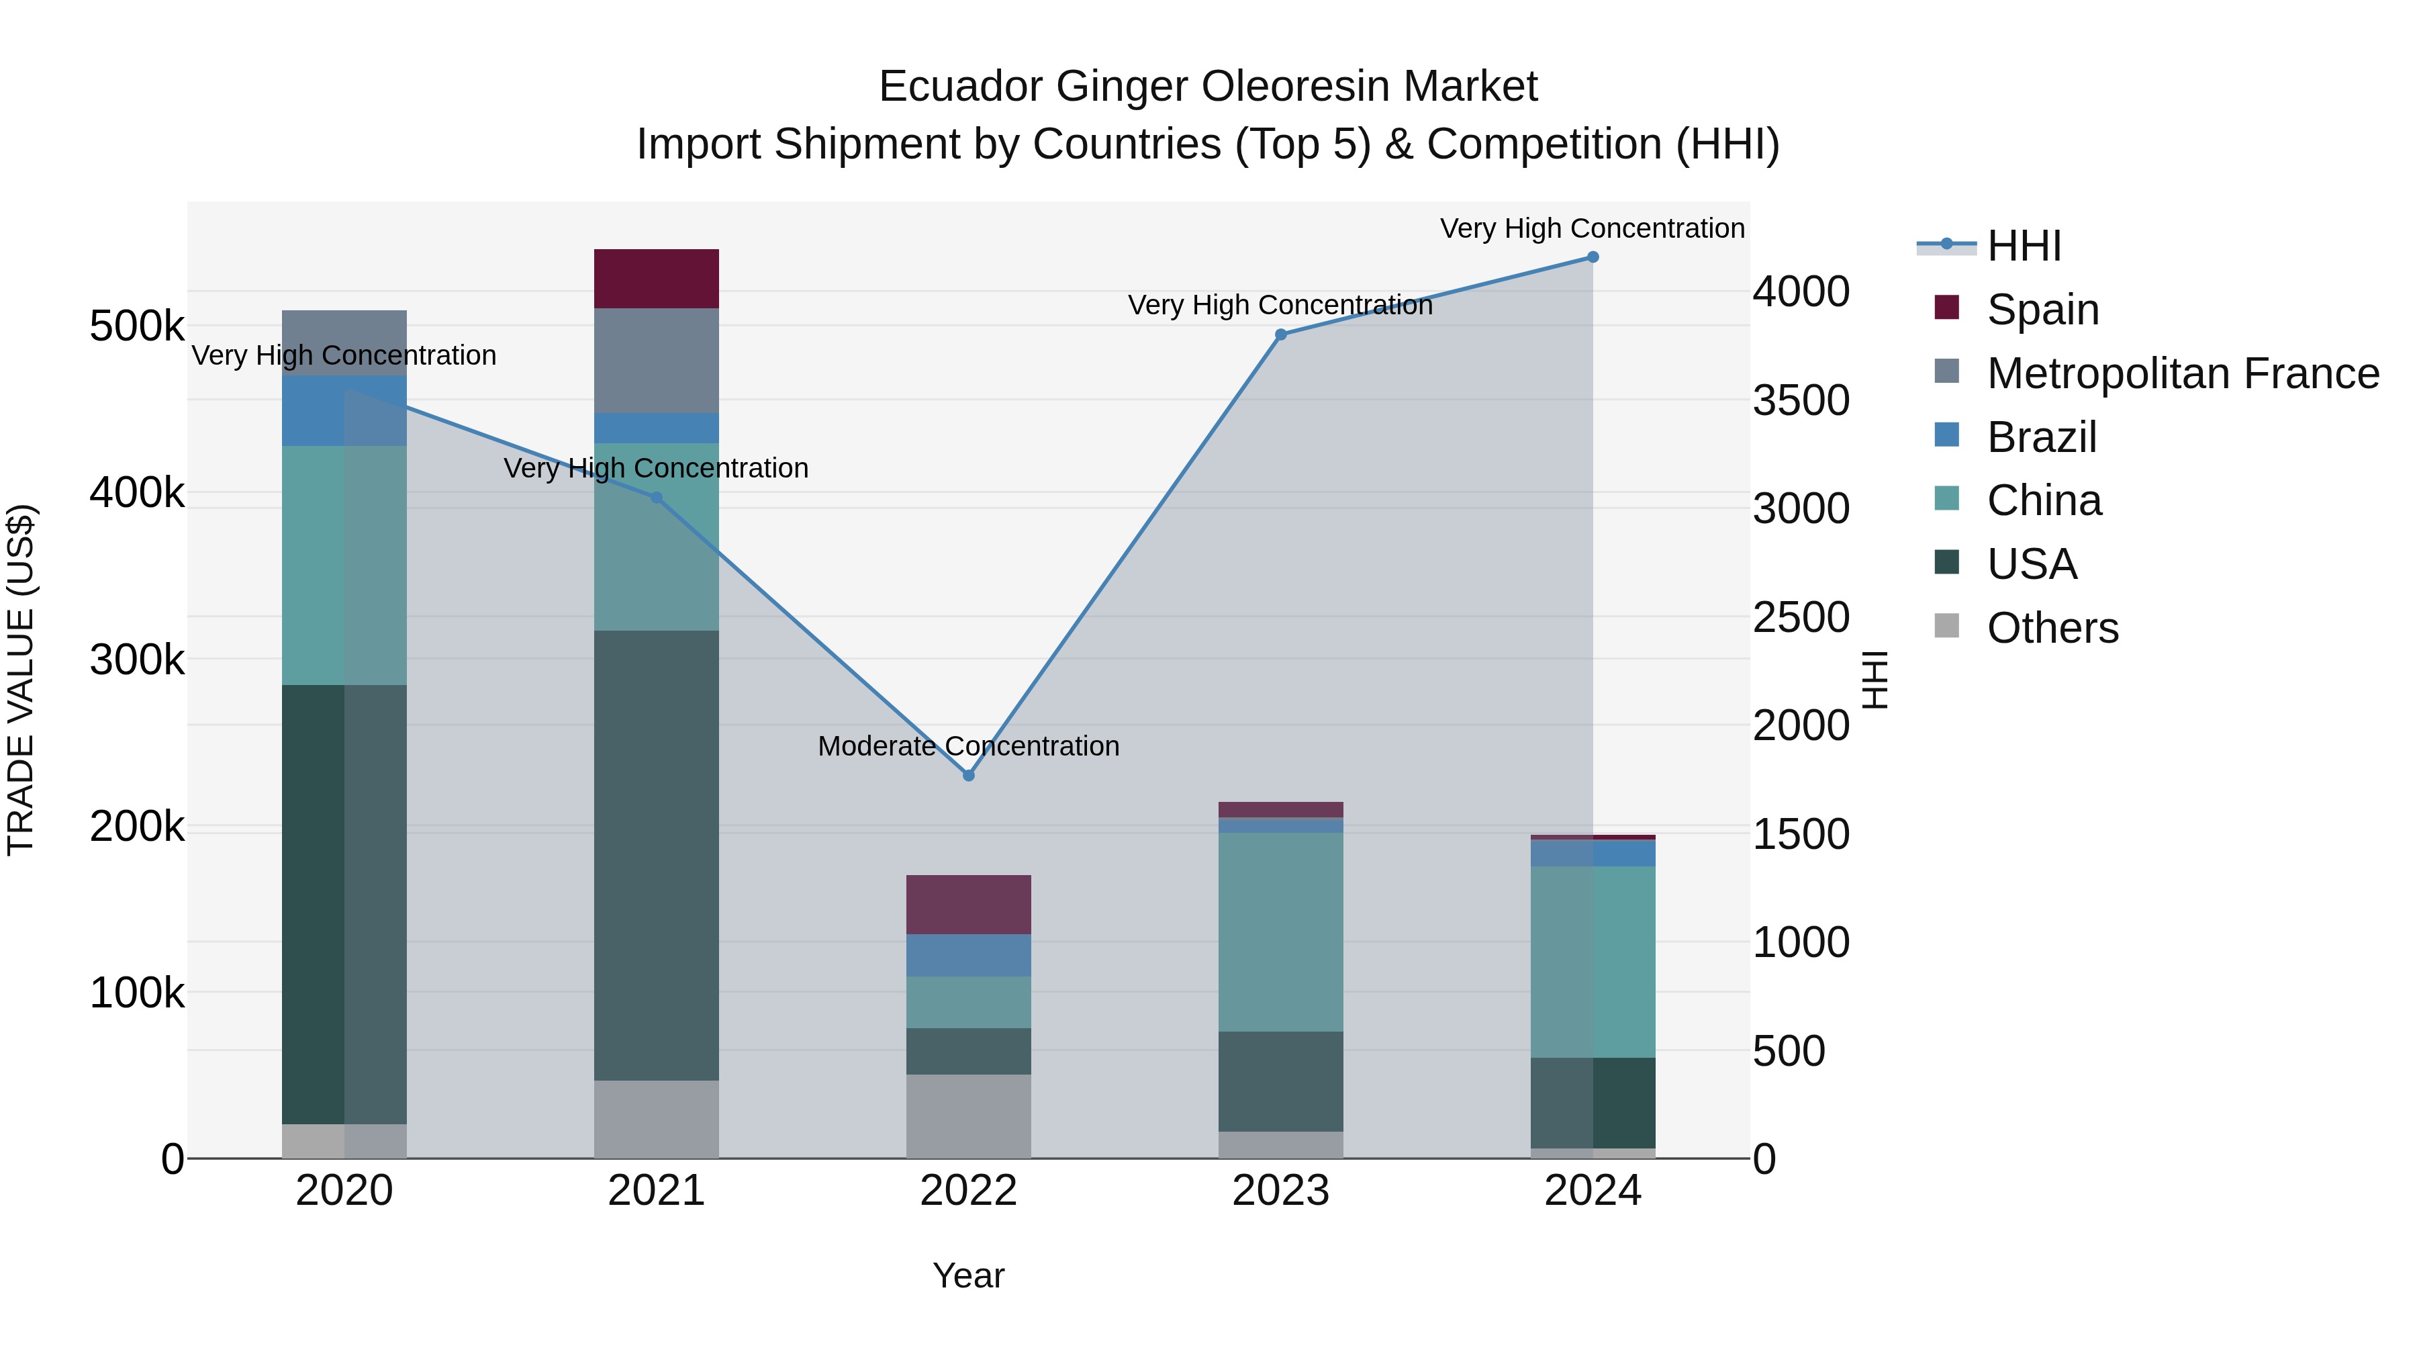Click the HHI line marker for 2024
click(x=1593, y=257)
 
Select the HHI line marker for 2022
click(x=968, y=775)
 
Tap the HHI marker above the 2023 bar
click(x=1281, y=334)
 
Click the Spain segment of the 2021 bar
click(x=656, y=279)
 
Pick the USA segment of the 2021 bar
click(x=656, y=854)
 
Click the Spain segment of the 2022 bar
click(x=968, y=904)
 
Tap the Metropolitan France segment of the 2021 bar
click(x=656, y=361)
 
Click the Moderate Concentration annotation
click(x=968, y=746)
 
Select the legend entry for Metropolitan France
click(x=2183, y=373)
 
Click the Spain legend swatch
click(x=1947, y=308)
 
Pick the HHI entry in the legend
click(x=2023, y=246)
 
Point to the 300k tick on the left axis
click(x=137, y=660)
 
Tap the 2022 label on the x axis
click(x=968, y=1191)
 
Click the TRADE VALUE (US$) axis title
click(x=21, y=680)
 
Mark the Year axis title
click(x=968, y=1275)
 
